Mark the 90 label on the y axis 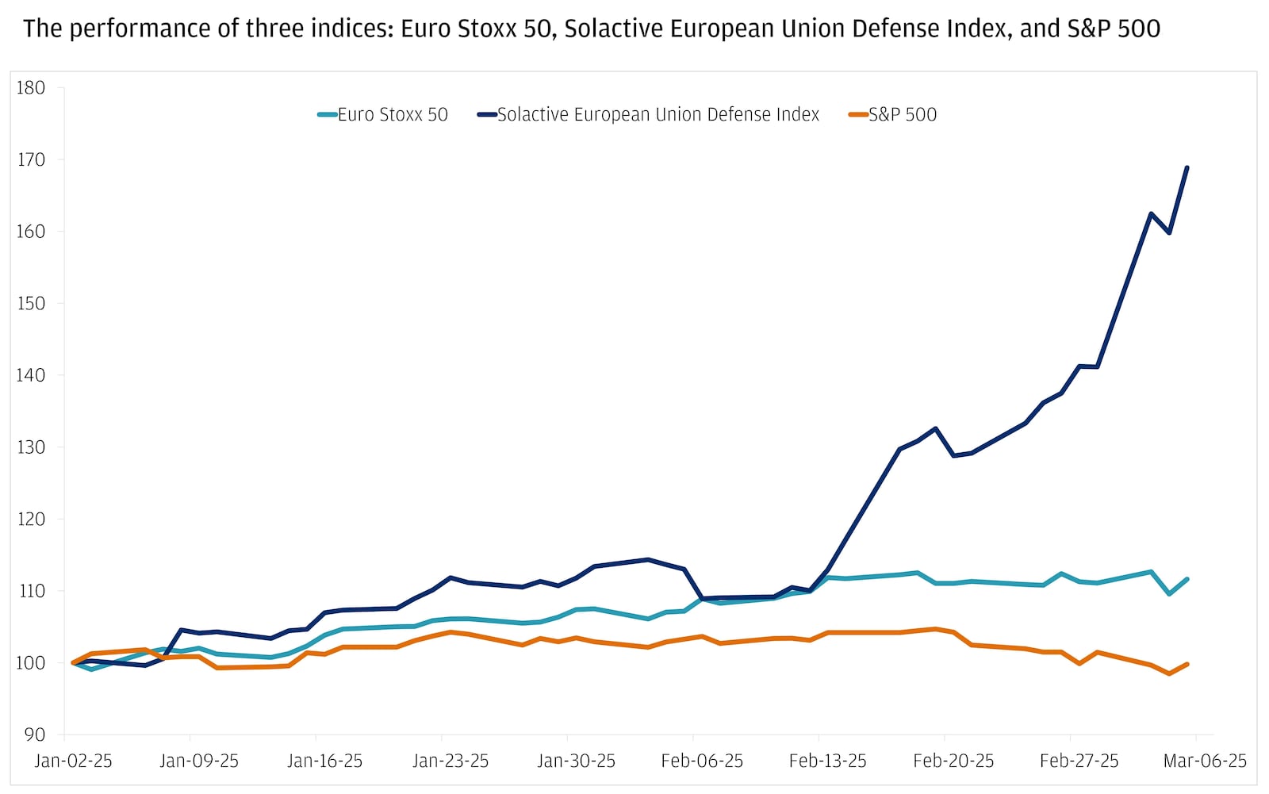coord(34,735)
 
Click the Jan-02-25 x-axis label coord(73,761)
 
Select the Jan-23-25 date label coord(450,761)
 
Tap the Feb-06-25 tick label coord(702,761)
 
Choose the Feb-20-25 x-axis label coord(953,761)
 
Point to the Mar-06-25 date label coord(1205,761)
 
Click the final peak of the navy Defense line coord(1187,168)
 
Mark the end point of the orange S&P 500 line coord(1187,664)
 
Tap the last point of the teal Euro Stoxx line coord(1187,580)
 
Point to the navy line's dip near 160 coord(1169,232)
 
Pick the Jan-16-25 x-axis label coord(324,761)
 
